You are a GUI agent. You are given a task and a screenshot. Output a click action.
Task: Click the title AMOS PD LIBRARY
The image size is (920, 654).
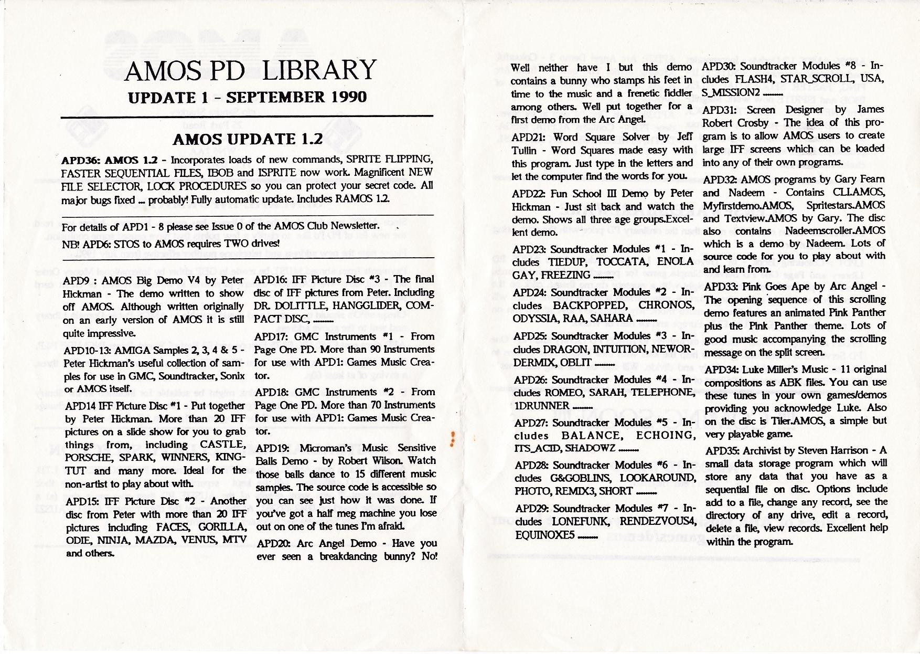250,70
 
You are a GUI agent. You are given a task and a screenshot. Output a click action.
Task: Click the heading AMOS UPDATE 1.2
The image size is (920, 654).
247,139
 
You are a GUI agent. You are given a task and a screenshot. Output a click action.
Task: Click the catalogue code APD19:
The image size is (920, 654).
275,448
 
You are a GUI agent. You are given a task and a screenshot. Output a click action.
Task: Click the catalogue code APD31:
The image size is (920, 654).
721,110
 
